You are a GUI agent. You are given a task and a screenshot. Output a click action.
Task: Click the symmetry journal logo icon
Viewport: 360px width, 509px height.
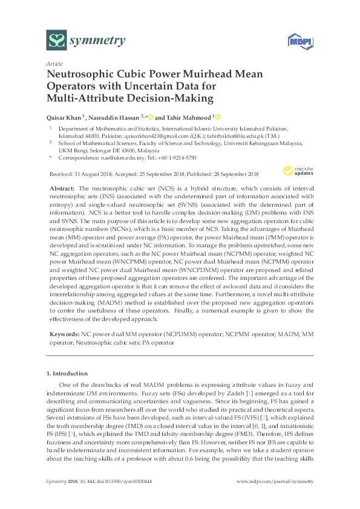57,41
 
